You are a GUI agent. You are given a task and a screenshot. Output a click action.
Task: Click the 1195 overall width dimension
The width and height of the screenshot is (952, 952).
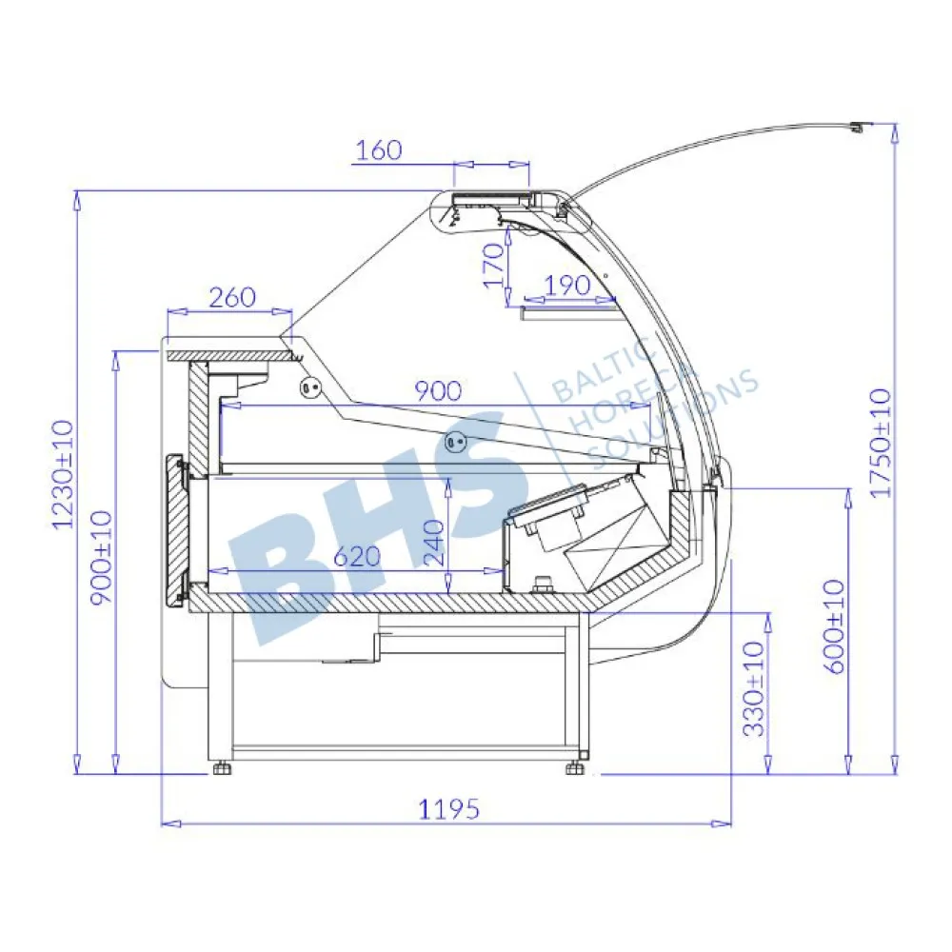click(x=448, y=808)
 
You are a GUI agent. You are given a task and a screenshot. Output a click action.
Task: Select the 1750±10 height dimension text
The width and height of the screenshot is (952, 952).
click(x=880, y=444)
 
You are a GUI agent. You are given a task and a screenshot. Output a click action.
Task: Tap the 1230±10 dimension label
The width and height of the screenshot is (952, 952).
click(x=63, y=475)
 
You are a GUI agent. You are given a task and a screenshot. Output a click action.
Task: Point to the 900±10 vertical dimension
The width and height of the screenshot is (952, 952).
click(x=102, y=558)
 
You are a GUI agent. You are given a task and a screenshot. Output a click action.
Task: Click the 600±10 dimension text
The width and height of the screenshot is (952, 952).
click(x=834, y=626)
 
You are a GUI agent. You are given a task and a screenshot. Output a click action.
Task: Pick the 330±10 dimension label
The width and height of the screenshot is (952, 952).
click(x=755, y=689)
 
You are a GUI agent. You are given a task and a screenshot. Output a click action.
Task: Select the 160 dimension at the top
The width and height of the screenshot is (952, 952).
click(x=378, y=150)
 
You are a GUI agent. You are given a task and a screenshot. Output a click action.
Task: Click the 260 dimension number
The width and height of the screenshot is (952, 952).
click(x=232, y=297)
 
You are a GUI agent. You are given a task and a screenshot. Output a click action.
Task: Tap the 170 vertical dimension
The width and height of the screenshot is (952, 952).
click(x=494, y=265)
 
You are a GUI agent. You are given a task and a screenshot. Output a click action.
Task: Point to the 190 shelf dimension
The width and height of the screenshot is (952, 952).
click(x=567, y=286)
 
